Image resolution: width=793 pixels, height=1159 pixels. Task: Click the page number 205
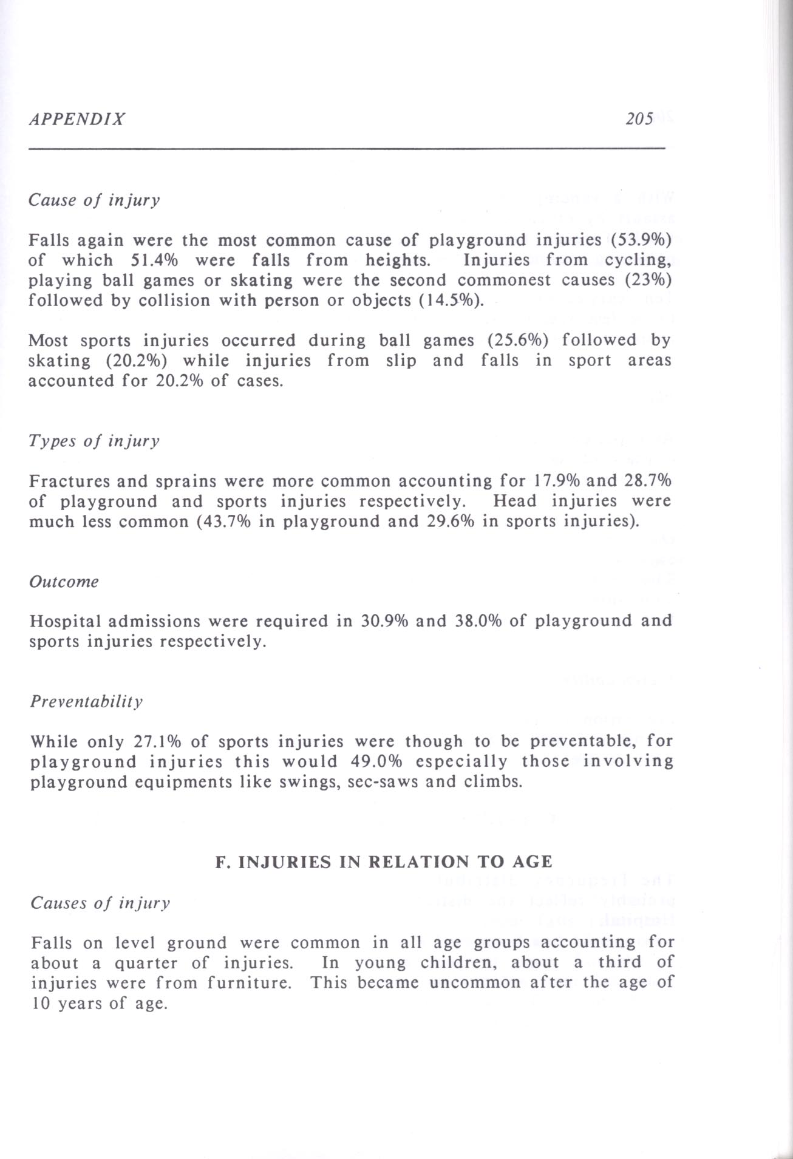point(639,118)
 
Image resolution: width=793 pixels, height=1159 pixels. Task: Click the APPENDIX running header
point(77,118)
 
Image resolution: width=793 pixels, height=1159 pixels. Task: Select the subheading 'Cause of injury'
point(94,200)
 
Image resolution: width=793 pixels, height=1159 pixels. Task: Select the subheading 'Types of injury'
point(94,441)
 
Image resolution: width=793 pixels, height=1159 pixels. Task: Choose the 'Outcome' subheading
point(64,582)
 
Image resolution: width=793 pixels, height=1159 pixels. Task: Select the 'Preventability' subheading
point(86,702)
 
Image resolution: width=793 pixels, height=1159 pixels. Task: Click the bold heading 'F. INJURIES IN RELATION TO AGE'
point(384,862)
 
